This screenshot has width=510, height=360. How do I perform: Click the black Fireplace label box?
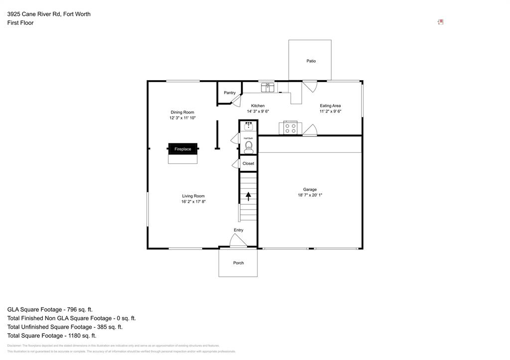coord(182,149)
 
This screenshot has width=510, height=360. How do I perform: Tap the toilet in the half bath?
coord(248,146)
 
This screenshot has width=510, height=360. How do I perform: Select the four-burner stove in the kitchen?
coord(290,128)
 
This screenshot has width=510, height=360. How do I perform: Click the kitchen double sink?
coord(268,87)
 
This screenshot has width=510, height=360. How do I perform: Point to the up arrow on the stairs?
coord(248,196)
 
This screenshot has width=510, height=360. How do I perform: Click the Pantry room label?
coord(230,93)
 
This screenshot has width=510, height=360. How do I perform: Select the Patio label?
coord(311,61)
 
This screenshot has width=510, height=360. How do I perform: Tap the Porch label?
coord(239,263)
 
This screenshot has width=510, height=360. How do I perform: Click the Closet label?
coord(248,163)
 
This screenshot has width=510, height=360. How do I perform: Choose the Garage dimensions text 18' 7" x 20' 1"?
coord(310,195)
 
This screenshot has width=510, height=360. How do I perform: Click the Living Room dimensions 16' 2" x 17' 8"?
coord(193,202)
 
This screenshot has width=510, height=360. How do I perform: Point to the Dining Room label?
coord(182,112)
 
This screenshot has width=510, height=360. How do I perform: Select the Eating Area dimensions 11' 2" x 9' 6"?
coord(330,112)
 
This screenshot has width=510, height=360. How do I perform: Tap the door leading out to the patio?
coord(309,86)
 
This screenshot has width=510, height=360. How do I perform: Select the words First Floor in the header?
coord(20,23)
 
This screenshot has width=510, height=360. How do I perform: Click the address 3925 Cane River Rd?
coord(33,14)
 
